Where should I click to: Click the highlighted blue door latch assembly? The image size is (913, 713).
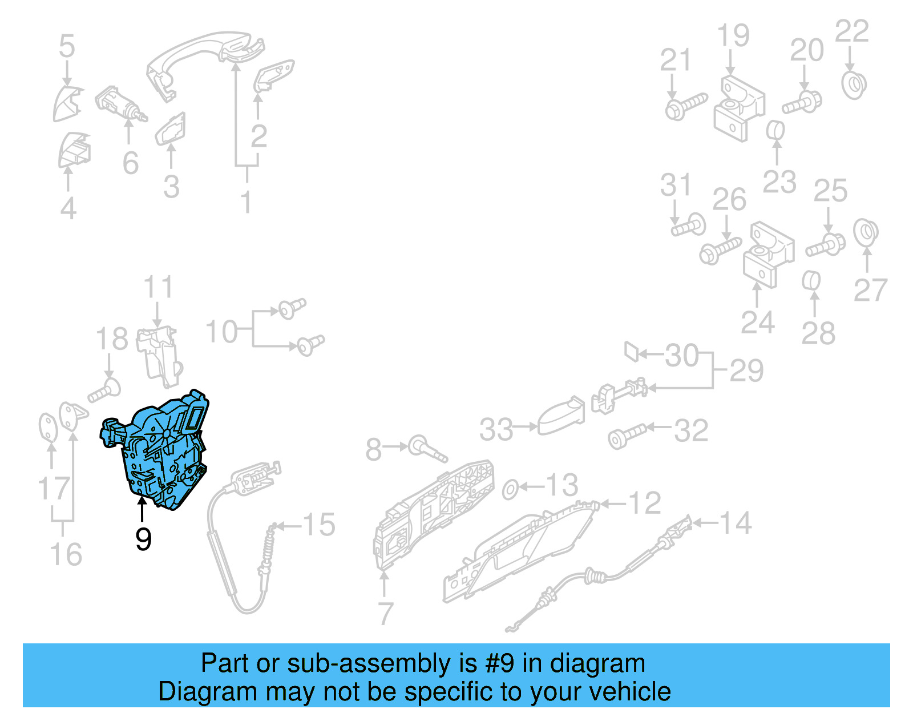[163, 451]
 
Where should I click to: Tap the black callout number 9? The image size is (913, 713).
[143, 539]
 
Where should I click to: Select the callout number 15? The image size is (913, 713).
[318, 525]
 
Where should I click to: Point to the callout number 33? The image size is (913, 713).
[496, 429]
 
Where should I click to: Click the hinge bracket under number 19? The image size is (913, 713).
[738, 108]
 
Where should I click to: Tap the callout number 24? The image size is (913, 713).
[757, 323]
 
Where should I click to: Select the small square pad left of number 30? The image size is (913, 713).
[631, 351]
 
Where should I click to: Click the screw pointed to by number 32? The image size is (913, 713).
[627, 436]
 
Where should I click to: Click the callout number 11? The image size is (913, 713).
[157, 287]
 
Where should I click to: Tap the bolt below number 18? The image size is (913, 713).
[104, 392]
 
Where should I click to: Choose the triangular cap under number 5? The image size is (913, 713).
[67, 103]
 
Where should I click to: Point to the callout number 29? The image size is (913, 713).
[746, 371]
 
